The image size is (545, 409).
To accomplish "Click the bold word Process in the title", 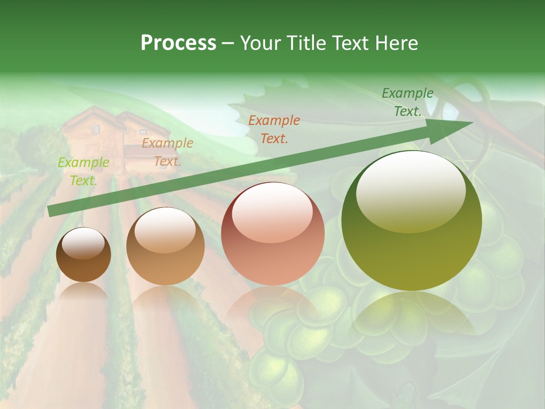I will [178, 43].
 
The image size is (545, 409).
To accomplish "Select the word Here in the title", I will [396, 43].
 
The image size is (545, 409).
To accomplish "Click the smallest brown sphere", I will [83, 255].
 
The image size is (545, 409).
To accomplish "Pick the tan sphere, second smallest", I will [165, 247].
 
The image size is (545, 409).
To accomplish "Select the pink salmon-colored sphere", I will [273, 234].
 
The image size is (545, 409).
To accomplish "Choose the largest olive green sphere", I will [412, 221].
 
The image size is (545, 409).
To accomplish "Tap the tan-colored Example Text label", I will [167, 152].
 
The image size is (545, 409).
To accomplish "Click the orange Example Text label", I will [274, 129].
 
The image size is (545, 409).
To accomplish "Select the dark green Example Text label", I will [407, 102].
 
